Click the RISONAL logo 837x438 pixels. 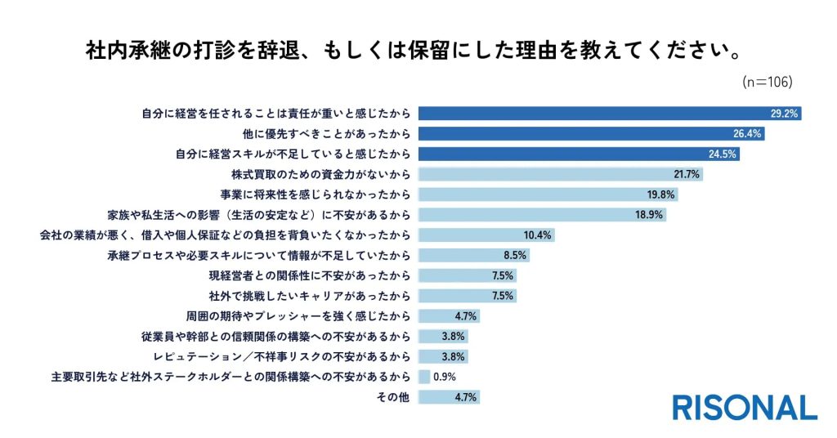coord(745,407)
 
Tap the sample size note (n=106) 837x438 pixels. coord(767,82)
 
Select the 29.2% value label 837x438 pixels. coord(784,114)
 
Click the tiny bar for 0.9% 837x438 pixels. coord(424,377)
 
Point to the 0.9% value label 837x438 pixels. coord(444,377)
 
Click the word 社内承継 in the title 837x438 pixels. coord(128,51)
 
